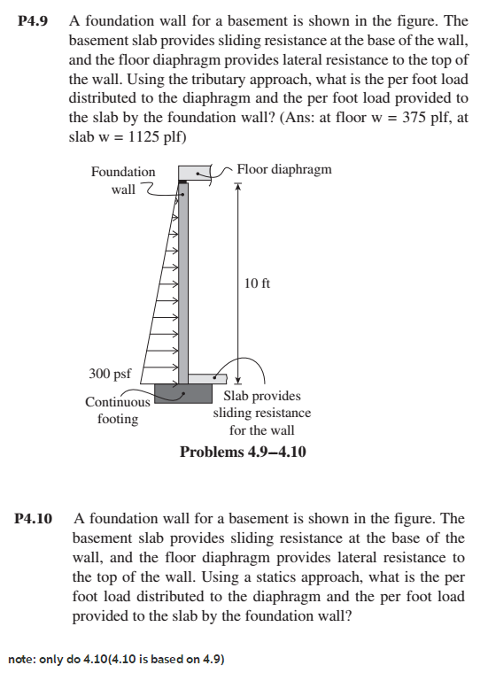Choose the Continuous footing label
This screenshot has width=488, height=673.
point(117,410)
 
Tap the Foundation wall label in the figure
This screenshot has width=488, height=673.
point(123,180)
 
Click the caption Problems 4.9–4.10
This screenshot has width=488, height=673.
point(243,453)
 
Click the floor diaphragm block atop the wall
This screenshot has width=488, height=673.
point(196,172)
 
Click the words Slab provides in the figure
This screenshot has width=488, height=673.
point(262,396)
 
